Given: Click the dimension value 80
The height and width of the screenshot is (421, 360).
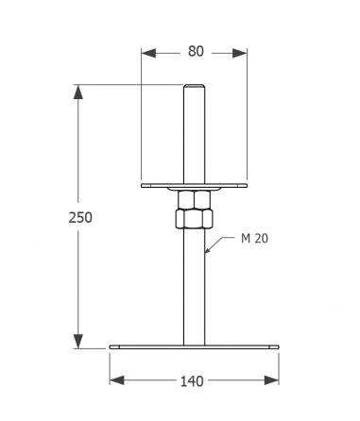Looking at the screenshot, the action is click(x=196, y=51).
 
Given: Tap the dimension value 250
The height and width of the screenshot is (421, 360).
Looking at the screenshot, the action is click(x=80, y=218).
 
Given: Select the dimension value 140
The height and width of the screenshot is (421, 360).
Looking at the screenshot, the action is click(x=192, y=381).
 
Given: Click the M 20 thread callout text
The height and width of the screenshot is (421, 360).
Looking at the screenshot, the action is click(x=254, y=239).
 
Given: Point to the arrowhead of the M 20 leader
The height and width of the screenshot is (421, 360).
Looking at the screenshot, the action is click(x=208, y=250).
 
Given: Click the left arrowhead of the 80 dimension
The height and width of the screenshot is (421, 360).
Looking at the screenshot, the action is click(x=148, y=53).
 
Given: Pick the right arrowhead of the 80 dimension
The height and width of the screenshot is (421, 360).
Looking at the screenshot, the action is click(x=240, y=53).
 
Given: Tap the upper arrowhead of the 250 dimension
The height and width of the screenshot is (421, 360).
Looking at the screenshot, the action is click(x=78, y=92).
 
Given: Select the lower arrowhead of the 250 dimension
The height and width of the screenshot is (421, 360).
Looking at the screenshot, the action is click(x=78, y=342).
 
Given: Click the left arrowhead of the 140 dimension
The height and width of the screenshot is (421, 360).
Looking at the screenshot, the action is click(x=117, y=380).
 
